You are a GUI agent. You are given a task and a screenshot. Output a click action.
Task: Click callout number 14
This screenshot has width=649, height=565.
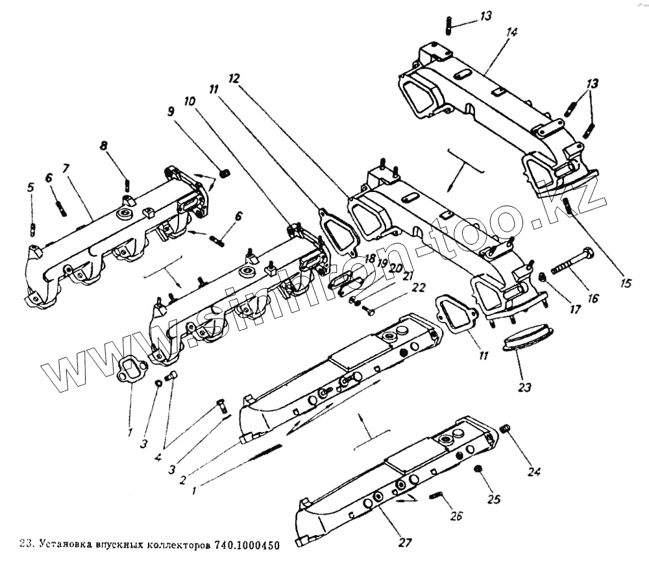(512, 33)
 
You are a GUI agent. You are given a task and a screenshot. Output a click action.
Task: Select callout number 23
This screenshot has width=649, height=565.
(524, 387)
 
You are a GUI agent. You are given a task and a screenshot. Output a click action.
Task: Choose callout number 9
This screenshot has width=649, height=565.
(171, 111)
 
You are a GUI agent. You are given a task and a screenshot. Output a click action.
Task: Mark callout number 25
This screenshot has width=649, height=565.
(495, 499)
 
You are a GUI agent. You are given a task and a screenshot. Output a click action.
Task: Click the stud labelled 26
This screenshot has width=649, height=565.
(436, 496)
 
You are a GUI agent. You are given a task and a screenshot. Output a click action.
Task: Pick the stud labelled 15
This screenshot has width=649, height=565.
(569, 206)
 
